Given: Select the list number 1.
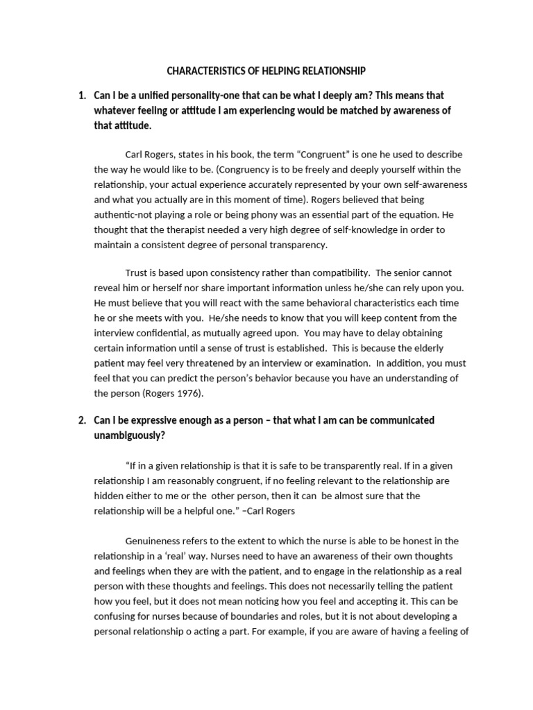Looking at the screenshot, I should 82,95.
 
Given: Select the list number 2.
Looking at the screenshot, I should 82,420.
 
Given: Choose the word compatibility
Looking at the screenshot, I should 337,272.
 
